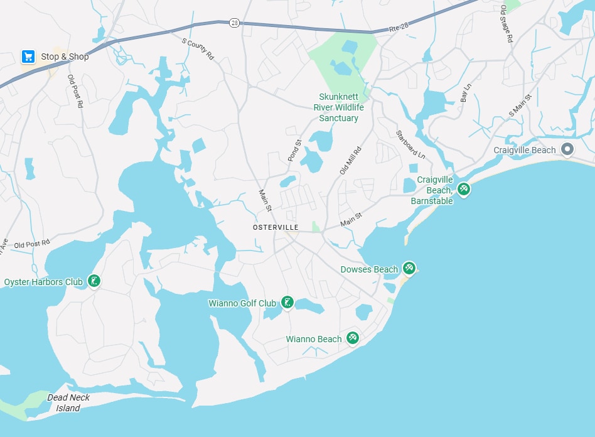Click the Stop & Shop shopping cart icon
click(x=28, y=57)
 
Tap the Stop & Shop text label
click(x=65, y=57)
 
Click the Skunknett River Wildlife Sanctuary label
click(x=338, y=107)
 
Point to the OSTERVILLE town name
click(x=276, y=227)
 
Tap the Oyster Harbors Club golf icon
click(x=94, y=281)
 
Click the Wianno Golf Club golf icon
click(x=287, y=303)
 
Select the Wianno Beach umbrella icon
click(x=353, y=338)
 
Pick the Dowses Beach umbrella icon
click(x=409, y=269)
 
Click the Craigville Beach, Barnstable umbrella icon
click(x=463, y=188)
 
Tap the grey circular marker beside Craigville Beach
click(x=567, y=149)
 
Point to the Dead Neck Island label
click(x=68, y=402)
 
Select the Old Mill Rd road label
click(x=350, y=160)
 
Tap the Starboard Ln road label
click(x=402, y=144)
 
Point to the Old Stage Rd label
click(x=507, y=24)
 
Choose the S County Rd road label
click(x=198, y=50)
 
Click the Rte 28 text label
click(x=399, y=28)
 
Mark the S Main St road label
click(x=520, y=105)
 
